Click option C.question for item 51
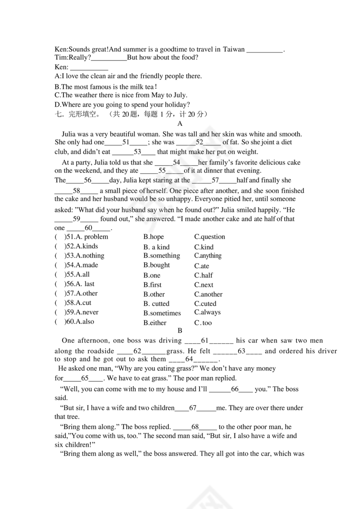(x=209, y=237)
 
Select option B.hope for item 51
(x=154, y=237)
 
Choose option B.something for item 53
(x=161, y=256)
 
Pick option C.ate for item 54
(x=202, y=266)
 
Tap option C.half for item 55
(x=203, y=275)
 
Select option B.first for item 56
(x=152, y=285)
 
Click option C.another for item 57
(x=208, y=294)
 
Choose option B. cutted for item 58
(x=156, y=304)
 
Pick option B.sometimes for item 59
(x=162, y=313)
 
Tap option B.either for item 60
(x=155, y=323)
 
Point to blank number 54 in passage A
(x=176, y=163)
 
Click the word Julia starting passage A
(x=70, y=134)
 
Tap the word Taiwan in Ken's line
(x=234, y=49)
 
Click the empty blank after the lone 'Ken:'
(x=89, y=68)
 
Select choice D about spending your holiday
(x=122, y=104)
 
